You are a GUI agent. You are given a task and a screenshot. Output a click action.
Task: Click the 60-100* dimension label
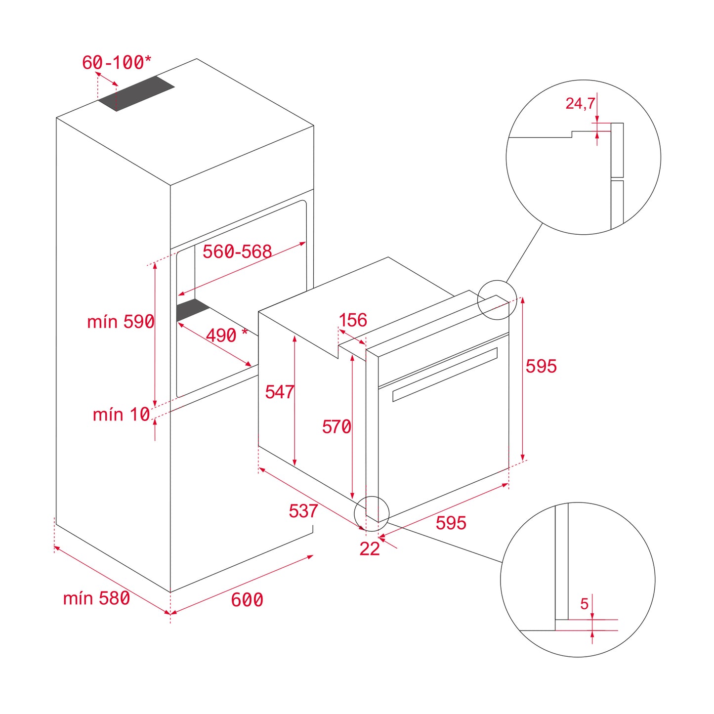[117, 63]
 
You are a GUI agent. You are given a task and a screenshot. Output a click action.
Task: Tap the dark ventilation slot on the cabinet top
[136, 93]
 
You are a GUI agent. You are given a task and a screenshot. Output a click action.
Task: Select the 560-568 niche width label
[237, 252]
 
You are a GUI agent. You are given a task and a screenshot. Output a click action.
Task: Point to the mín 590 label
[121, 322]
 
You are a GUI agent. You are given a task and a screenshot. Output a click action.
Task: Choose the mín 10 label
[121, 414]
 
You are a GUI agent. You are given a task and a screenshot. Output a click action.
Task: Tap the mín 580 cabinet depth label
[96, 598]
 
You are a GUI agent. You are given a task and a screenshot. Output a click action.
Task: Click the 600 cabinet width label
[247, 599]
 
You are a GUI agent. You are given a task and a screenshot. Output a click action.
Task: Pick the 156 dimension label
[353, 320]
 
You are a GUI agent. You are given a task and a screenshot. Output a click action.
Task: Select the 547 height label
[279, 392]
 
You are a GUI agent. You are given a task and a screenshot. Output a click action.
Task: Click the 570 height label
[336, 426]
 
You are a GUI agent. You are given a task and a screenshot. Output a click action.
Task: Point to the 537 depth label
[303, 510]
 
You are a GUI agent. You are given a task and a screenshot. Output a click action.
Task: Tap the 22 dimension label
[370, 548]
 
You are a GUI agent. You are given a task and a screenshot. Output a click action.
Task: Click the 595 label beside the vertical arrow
[541, 366]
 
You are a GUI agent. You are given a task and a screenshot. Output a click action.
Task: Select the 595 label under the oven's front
[451, 523]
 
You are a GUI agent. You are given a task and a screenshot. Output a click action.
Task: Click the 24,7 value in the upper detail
[580, 103]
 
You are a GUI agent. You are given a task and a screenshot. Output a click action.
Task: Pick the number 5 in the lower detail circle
[585, 604]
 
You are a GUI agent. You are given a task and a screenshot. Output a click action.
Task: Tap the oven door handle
[445, 374]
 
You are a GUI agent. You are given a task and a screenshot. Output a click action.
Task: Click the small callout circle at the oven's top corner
[497, 300]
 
